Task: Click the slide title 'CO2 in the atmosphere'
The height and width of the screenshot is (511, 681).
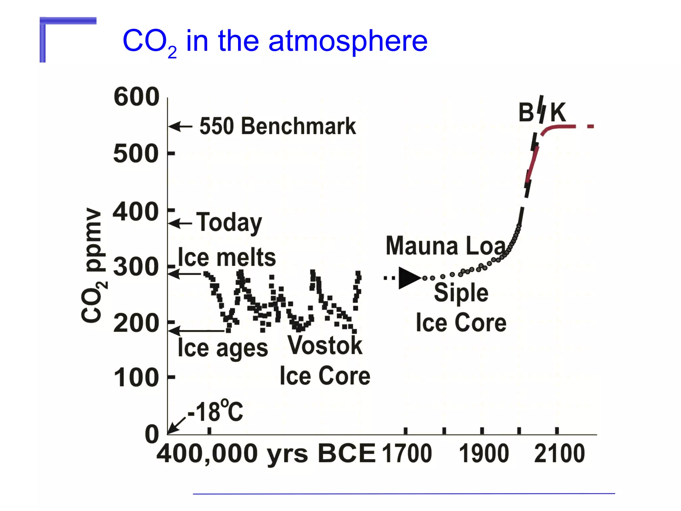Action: pyautogui.click(x=275, y=41)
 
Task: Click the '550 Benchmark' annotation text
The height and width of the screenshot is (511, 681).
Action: pyautogui.click(x=278, y=126)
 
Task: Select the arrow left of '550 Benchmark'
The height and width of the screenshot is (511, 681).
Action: pyautogui.click(x=180, y=126)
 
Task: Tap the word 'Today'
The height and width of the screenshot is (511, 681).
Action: pyautogui.click(x=229, y=222)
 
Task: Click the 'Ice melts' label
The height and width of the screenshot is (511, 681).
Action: pyautogui.click(x=227, y=257)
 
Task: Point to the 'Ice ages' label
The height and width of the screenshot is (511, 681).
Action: pyautogui.click(x=223, y=349)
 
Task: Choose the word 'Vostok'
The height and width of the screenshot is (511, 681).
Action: pyautogui.click(x=325, y=345)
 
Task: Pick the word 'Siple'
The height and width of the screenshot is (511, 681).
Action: pyautogui.click(x=461, y=293)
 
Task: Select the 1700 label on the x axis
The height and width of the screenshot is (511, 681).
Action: pyautogui.click(x=407, y=453)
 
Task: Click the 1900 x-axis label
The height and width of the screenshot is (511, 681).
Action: pyautogui.click(x=484, y=453)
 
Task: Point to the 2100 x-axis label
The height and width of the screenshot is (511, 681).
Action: pyautogui.click(x=559, y=453)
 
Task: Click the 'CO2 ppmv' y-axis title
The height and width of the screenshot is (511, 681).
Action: pyautogui.click(x=94, y=265)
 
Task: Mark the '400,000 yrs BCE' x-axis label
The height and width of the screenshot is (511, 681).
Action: pyautogui.click(x=266, y=453)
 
